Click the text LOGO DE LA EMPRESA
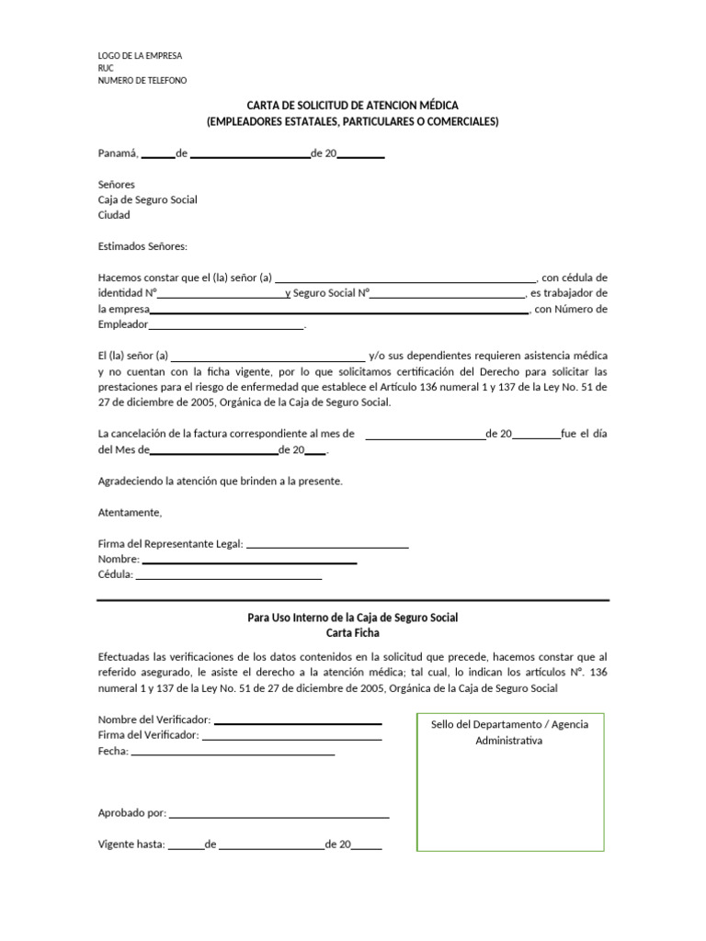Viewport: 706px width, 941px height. (x=140, y=56)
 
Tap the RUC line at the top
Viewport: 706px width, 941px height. (x=107, y=68)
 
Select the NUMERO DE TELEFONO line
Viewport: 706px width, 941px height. (x=142, y=81)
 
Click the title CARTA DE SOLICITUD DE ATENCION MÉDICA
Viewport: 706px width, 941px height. (x=352, y=106)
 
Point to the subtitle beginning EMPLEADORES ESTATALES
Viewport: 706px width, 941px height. (x=352, y=121)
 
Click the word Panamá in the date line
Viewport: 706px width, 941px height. (x=117, y=153)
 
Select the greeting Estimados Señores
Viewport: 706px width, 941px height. (x=142, y=246)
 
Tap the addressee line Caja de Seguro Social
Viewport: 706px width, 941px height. (x=147, y=199)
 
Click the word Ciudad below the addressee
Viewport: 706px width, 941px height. (x=114, y=215)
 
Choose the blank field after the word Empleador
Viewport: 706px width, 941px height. (x=225, y=325)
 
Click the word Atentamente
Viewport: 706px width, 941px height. (x=130, y=512)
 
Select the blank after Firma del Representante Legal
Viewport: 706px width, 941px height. (x=327, y=545)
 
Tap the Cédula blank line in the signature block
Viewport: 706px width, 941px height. (x=228, y=576)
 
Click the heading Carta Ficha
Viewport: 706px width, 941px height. (x=352, y=633)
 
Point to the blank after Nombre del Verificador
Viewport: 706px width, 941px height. (x=297, y=720)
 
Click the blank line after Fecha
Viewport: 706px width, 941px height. (x=233, y=752)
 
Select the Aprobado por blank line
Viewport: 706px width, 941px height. (x=279, y=813)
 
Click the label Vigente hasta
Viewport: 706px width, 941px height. (x=131, y=845)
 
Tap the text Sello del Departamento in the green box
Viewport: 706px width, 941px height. (x=509, y=724)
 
